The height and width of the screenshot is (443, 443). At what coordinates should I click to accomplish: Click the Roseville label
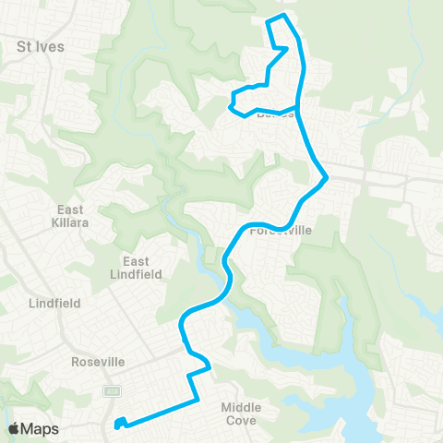[97, 362]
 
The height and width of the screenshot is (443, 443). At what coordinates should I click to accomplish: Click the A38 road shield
[112, 391]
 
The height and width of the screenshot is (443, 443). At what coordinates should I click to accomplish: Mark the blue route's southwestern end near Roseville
[117, 425]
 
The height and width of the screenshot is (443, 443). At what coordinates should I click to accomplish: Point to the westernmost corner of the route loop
[230, 107]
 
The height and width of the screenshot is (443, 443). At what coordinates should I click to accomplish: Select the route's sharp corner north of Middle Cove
[211, 367]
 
